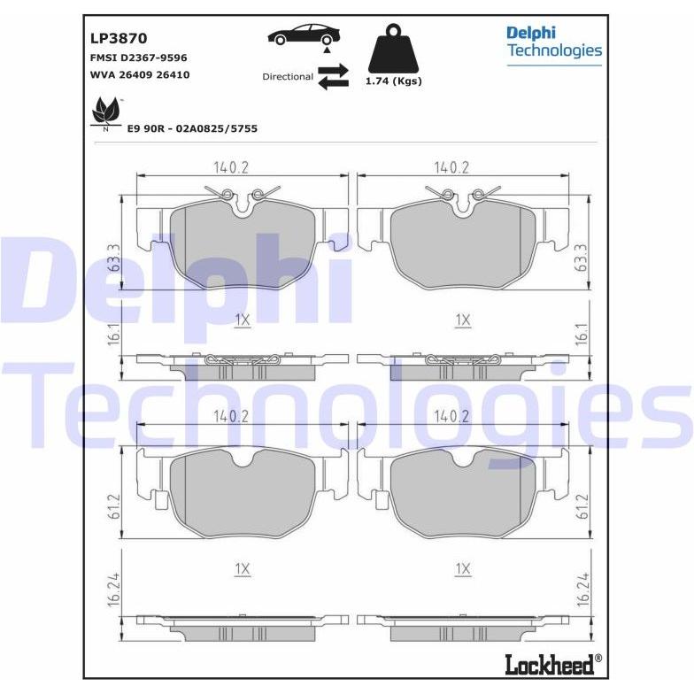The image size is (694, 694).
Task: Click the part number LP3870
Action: point(119,39)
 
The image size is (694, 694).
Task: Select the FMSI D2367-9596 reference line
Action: point(138,58)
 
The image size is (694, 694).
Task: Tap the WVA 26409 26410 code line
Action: point(140,74)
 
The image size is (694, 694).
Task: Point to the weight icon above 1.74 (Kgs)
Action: point(393,50)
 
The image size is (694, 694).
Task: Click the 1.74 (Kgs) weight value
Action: point(393,81)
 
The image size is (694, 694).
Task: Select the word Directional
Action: point(288,76)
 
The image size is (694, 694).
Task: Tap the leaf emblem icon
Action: point(106,113)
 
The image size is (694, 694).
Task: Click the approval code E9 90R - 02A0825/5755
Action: point(192,129)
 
